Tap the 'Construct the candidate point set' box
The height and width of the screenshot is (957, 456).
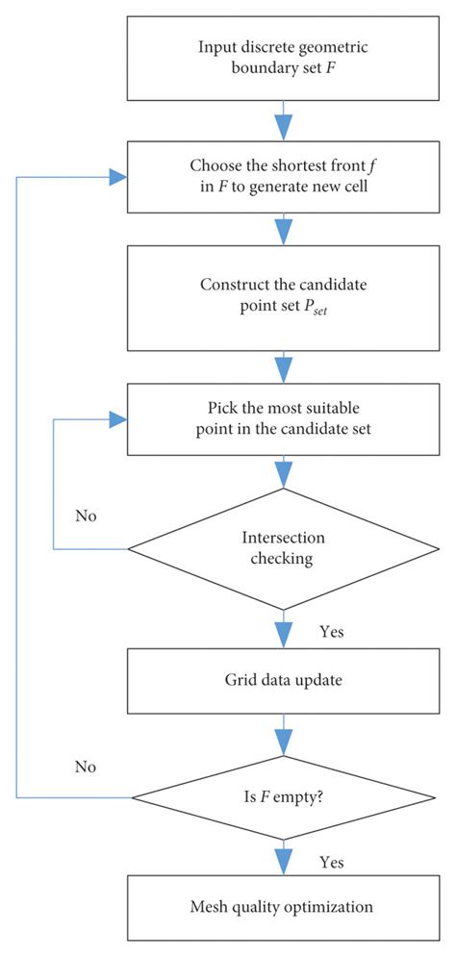[x=283, y=296]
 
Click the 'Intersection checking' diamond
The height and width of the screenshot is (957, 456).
[x=283, y=549]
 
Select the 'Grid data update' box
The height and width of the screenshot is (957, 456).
[x=283, y=682]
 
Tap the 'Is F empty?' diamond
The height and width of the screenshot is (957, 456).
[x=283, y=797]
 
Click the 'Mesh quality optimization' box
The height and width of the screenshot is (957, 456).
[x=283, y=905]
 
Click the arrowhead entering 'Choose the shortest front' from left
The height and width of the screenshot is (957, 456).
[x=119, y=178]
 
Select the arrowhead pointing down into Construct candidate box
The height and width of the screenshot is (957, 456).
[x=283, y=234]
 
